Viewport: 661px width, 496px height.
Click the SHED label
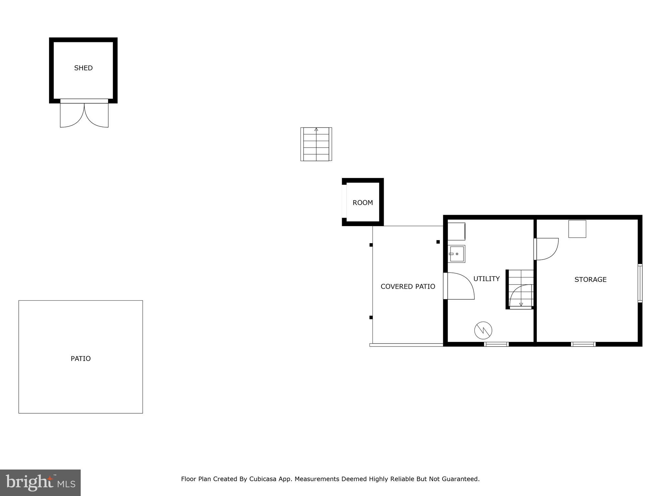tap(83, 68)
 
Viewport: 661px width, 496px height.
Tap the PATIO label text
tap(81, 358)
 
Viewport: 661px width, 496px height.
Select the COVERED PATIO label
tap(408, 286)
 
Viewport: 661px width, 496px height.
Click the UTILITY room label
tap(486, 279)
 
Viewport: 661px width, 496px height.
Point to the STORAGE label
tap(590, 280)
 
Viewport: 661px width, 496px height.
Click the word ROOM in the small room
tap(362, 203)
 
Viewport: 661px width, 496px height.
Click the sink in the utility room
tap(456, 254)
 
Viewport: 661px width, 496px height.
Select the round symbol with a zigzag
tap(483, 330)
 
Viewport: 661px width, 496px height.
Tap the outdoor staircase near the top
tap(316, 144)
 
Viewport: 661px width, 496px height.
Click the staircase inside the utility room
tap(520, 289)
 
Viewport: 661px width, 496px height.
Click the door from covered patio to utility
tap(458, 286)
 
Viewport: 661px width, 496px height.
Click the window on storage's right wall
tap(640, 283)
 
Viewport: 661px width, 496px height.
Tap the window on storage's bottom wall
tap(583, 344)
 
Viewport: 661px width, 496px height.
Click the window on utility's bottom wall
tap(496, 344)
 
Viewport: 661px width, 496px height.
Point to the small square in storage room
tap(577, 229)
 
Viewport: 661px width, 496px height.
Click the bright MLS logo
tap(40, 482)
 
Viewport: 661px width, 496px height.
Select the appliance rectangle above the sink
tap(456, 231)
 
